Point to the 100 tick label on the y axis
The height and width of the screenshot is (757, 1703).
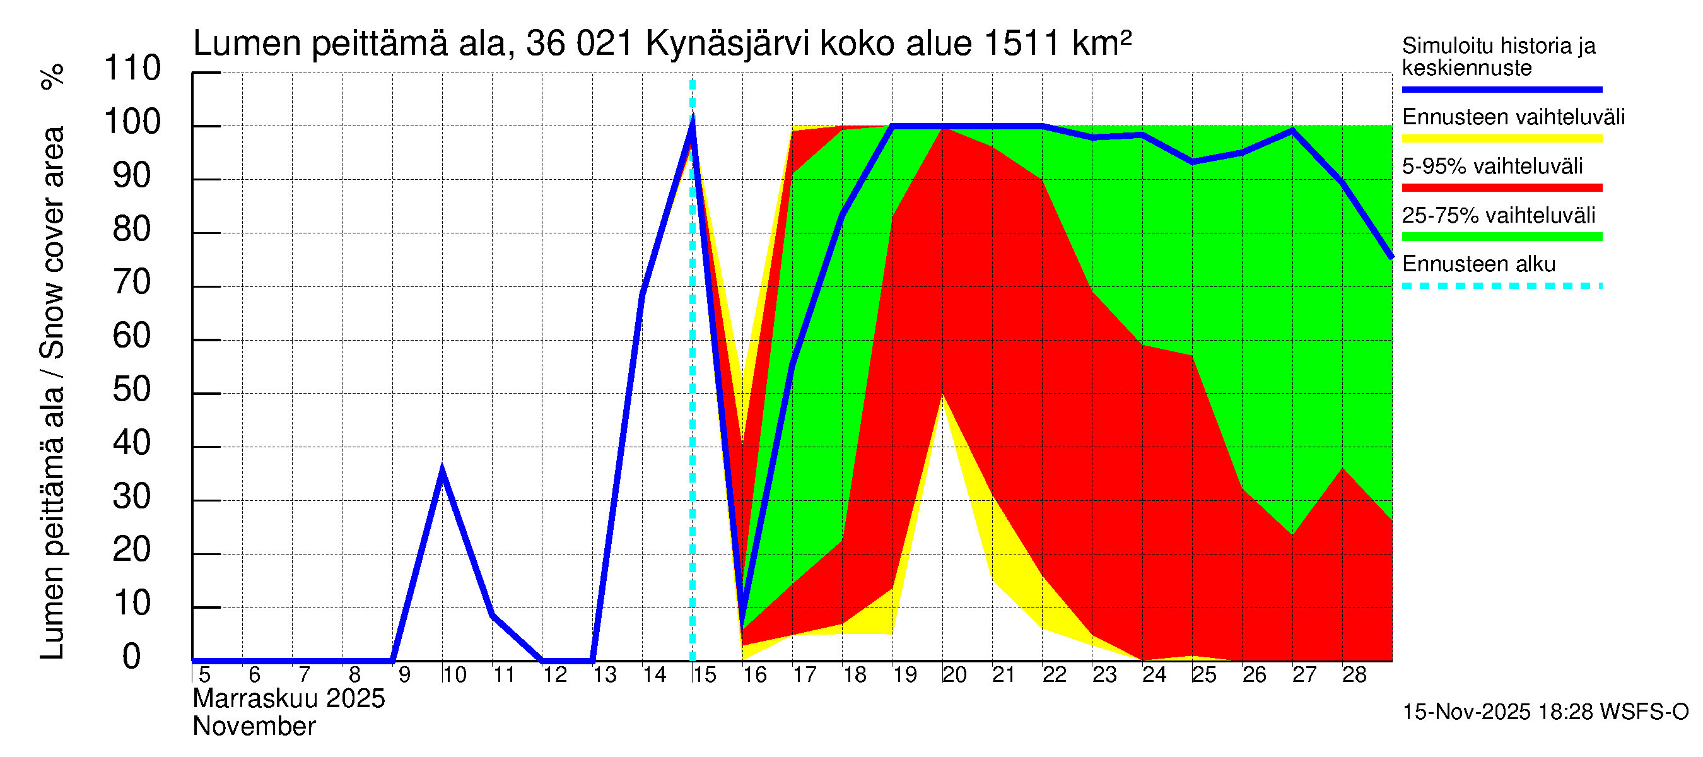click(x=132, y=122)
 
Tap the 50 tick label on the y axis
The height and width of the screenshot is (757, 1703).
click(x=132, y=390)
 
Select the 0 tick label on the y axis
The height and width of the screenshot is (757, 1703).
click(x=132, y=657)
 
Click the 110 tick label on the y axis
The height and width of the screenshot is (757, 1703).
click(x=132, y=69)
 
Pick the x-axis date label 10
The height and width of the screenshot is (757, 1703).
click(x=454, y=675)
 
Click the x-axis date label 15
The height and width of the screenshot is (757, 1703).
click(x=704, y=675)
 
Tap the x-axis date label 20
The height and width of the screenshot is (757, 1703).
click(x=954, y=675)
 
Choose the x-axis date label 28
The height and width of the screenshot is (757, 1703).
click(x=1354, y=675)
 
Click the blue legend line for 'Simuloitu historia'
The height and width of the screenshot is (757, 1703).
click(x=1502, y=89)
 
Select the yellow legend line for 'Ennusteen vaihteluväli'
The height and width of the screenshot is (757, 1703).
click(x=1502, y=139)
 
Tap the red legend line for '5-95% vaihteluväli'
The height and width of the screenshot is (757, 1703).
click(x=1502, y=188)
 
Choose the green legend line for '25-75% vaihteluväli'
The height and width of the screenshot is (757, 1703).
click(x=1502, y=237)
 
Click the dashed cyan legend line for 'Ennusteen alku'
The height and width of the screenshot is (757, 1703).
click(x=1502, y=286)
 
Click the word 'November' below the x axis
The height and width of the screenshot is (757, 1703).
click(x=255, y=727)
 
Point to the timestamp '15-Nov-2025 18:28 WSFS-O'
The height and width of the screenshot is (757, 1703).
click(x=1545, y=712)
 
